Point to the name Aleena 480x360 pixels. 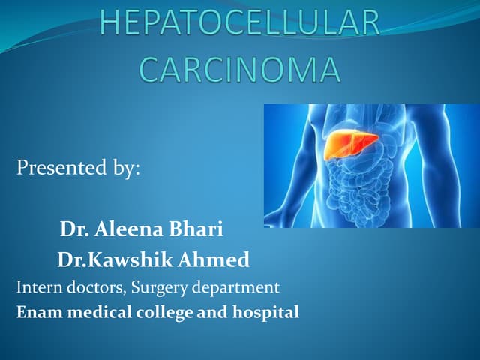coord(132,228)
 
